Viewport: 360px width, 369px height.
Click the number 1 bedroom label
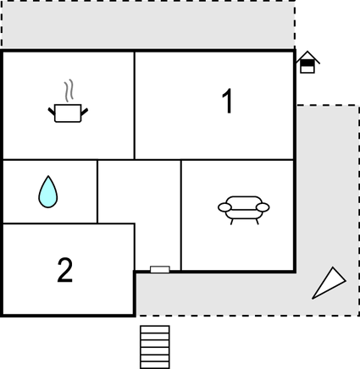(x=227, y=101)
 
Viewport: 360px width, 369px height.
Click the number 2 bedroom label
(x=65, y=270)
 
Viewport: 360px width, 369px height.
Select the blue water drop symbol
(x=48, y=192)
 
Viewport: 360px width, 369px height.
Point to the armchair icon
(x=244, y=210)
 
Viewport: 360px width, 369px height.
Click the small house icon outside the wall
(x=307, y=63)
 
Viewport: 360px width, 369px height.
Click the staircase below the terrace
(x=155, y=347)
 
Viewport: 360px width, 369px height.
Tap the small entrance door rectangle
(x=160, y=269)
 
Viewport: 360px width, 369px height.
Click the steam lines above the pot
(x=69, y=91)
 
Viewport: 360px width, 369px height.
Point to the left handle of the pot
(x=52, y=112)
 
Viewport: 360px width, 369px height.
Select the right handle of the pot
(x=85, y=112)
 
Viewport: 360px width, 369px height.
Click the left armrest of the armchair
(x=224, y=207)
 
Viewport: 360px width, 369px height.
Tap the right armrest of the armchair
(x=263, y=207)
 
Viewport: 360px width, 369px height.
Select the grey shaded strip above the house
(x=148, y=25)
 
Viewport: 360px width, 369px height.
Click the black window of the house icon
(x=307, y=63)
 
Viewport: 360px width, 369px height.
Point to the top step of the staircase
(x=155, y=329)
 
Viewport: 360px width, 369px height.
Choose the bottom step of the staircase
(x=155, y=365)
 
